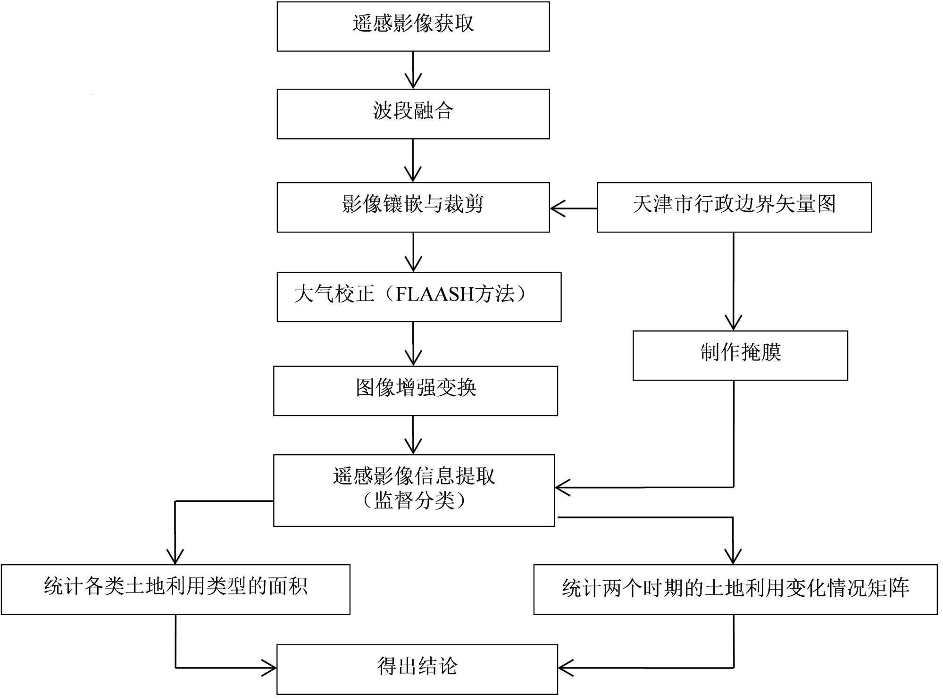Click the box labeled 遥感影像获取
(x=413, y=26)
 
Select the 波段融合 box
(x=413, y=114)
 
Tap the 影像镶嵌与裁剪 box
(x=413, y=207)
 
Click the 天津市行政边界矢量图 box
(x=734, y=207)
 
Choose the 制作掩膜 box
(x=740, y=355)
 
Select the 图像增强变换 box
(x=415, y=391)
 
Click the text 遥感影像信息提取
(x=414, y=476)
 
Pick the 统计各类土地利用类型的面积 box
(x=175, y=589)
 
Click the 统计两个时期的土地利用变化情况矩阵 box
(x=735, y=589)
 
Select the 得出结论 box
(x=417, y=669)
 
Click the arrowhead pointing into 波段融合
(x=413, y=83)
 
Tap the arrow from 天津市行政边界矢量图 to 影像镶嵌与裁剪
(x=573, y=208)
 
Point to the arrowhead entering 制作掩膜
(x=733, y=324)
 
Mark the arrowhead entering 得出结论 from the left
(x=270, y=668)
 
